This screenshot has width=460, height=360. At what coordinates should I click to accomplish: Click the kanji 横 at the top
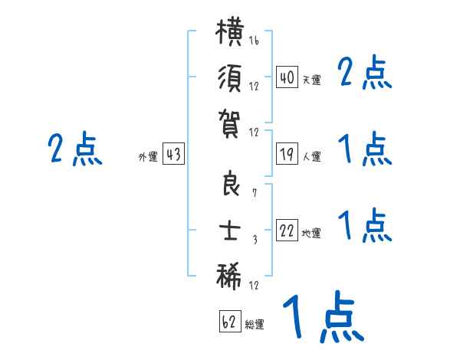pyautogui.click(x=230, y=31)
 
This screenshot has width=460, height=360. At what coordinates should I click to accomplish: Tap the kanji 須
pyautogui.click(x=230, y=78)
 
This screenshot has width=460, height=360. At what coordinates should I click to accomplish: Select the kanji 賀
pyautogui.click(x=230, y=124)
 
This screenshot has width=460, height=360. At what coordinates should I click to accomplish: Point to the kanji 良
pyautogui.click(x=230, y=183)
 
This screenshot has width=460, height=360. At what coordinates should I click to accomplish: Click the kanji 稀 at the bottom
pyautogui.click(x=228, y=277)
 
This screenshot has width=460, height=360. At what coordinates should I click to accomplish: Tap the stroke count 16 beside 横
pyautogui.click(x=254, y=40)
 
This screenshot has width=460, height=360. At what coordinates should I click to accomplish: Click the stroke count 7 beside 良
pyautogui.click(x=255, y=194)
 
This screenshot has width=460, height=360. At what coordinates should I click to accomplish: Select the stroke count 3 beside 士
pyautogui.click(x=255, y=240)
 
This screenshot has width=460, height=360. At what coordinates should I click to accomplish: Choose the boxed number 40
pyautogui.click(x=287, y=77)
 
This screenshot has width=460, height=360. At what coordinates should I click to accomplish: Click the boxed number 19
pyautogui.click(x=287, y=154)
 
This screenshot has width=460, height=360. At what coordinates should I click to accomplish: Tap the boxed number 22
pyautogui.click(x=287, y=231)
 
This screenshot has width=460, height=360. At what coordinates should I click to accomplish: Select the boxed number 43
pyautogui.click(x=173, y=154)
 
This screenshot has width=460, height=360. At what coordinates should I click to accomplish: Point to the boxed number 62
pyautogui.click(x=230, y=321)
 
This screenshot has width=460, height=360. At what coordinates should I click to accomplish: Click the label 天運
pyautogui.click(x=312, y=80)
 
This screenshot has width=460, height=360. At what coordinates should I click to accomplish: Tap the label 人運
pyautogui.click(x=312, y=156)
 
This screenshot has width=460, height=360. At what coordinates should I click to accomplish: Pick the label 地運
pyautogui.click(x=311, y=234)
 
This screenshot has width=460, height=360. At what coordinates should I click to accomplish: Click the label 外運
pyautogui.click(x=148, y=157)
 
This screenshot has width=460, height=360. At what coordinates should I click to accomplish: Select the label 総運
pyautogui.click(x=255, y=324)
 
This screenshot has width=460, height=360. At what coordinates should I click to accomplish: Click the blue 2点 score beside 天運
pyautogui.click(x=365, y=72)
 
